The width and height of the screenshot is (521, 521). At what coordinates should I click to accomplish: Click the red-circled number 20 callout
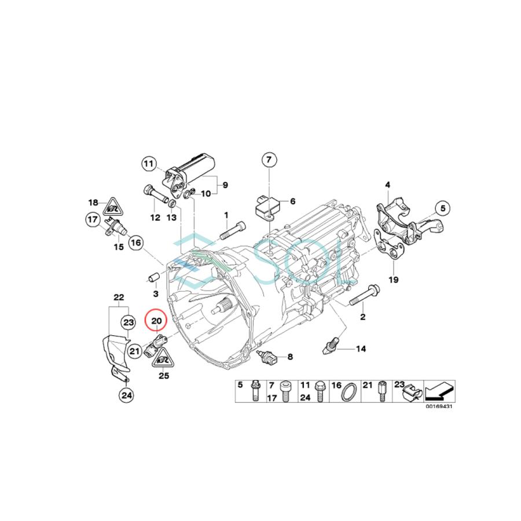pos(156,320)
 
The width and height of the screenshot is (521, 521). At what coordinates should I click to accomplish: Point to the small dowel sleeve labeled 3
pos(154,278)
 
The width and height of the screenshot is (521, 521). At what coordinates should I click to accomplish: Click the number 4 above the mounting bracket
pos(388,185)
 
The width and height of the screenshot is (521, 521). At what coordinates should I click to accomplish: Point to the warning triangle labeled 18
pos(113,204)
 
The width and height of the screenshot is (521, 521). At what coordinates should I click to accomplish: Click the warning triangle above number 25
pos(163,360)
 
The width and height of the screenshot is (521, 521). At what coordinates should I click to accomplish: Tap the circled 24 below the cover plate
pos(126,395)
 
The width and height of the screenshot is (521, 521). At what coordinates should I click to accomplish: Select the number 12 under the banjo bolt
pos(155,218)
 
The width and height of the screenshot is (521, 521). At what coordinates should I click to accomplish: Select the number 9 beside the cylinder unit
pos(225,185)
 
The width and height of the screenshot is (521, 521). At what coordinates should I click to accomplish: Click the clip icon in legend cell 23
pos(410,394)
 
